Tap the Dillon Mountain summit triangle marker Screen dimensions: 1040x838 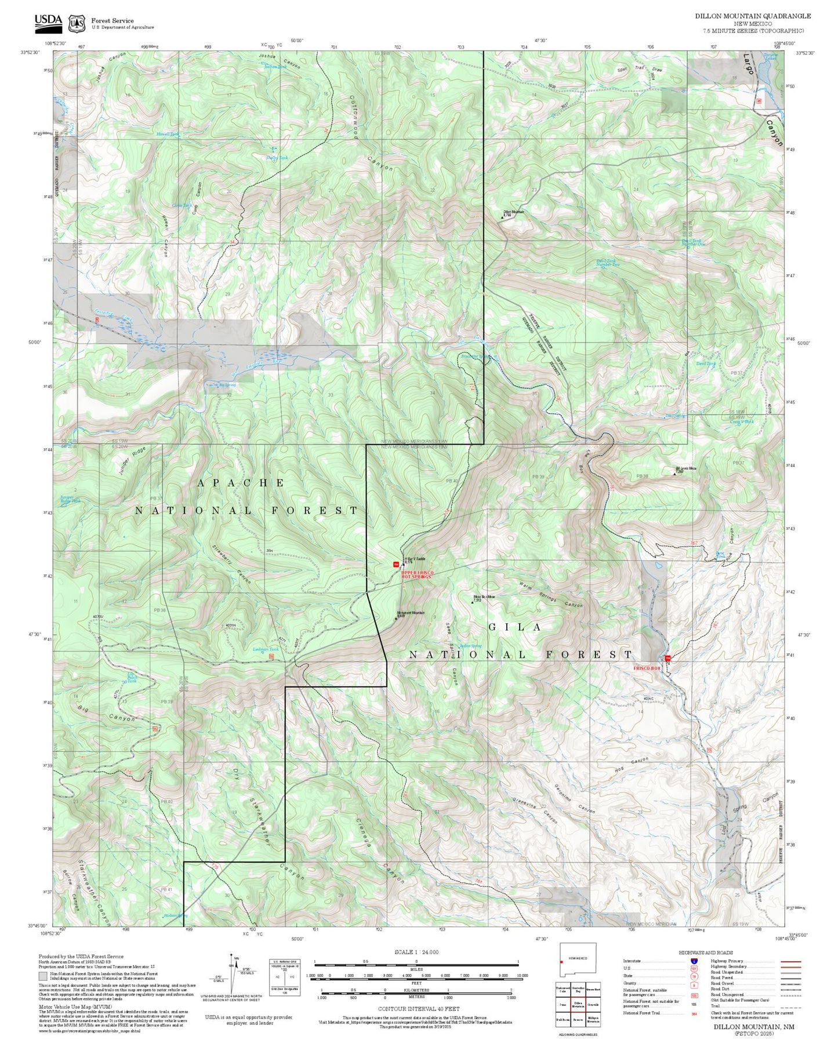click(x=502, y=218)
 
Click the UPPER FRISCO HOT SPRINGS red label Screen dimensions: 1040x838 click(x=416, y=574)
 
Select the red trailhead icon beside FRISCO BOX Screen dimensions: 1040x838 click(x=668, y=658)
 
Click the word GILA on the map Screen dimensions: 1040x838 click(x=515, y=627)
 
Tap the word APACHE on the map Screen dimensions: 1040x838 click(x=241, y=483)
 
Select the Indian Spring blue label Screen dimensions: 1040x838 click(x=470, y=646)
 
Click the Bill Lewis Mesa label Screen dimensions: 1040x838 click(x=685, y=468)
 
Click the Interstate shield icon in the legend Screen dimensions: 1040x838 click(x=694, y=961)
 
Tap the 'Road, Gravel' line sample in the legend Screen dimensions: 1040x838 click(x=791, y=984)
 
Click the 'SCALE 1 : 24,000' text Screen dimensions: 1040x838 click(x=416, y=952)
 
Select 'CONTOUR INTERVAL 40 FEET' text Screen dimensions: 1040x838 click(x=418, y=1009)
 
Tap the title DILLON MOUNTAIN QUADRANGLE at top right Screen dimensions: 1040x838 click(x=753, y=16)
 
